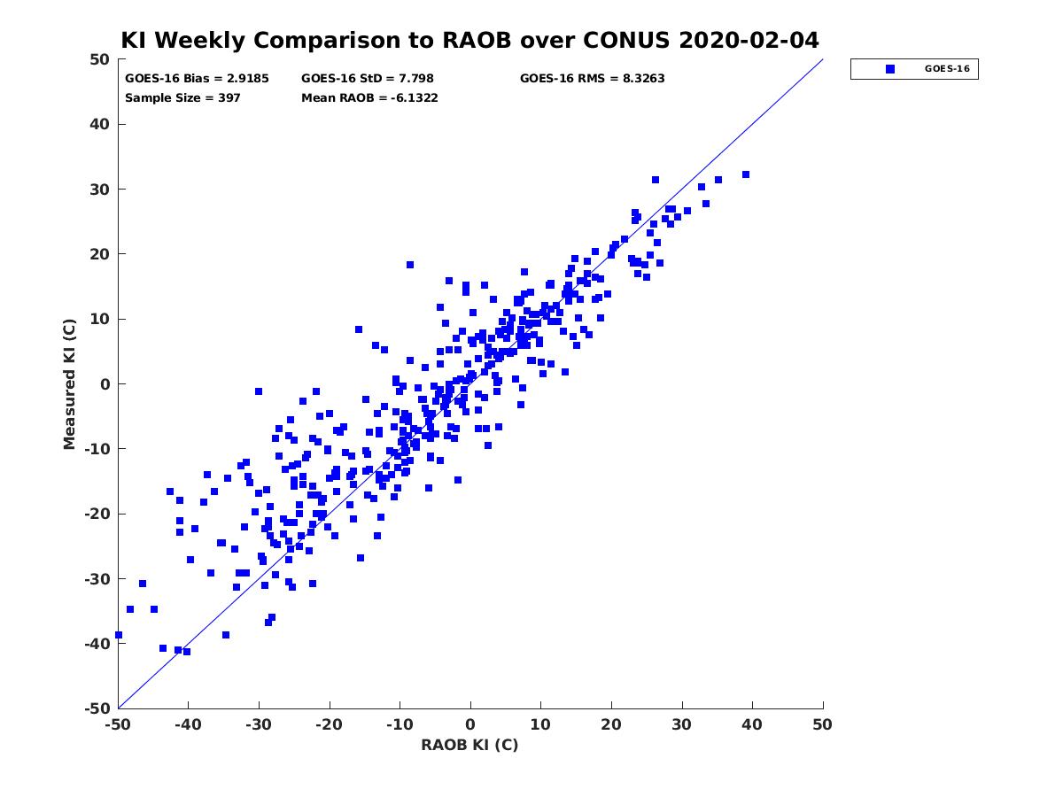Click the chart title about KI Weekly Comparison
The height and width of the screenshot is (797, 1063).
point(469,40)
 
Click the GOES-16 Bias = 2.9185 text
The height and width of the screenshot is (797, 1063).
point(197,79)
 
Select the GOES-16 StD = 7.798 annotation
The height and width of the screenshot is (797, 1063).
point(367,79)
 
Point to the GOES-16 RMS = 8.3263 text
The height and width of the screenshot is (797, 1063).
point(592,79)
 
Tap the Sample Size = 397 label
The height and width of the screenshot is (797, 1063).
point(182,97)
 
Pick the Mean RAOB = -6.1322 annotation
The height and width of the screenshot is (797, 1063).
point(369,97)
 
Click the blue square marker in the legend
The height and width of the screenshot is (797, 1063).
point(890,69)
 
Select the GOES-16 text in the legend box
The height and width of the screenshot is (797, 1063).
point(947,69)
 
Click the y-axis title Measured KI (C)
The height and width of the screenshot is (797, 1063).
point(69,383)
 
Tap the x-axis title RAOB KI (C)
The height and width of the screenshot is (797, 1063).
point(469,744)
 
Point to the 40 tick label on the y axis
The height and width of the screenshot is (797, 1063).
point(100,124)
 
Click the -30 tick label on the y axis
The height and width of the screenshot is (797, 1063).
point(97,579)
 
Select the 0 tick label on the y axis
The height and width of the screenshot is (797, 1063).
point(105,384)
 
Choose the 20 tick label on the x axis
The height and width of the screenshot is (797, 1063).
point(611,724)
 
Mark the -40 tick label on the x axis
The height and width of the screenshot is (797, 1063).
point(188,724)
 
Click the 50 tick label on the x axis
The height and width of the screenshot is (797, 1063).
point(822,724)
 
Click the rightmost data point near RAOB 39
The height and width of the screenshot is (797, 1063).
point(746,174)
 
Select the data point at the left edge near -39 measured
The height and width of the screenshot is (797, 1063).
point(119,635)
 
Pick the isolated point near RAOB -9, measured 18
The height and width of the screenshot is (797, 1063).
point(410,265)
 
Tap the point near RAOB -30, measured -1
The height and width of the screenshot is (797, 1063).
point(259,391)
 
